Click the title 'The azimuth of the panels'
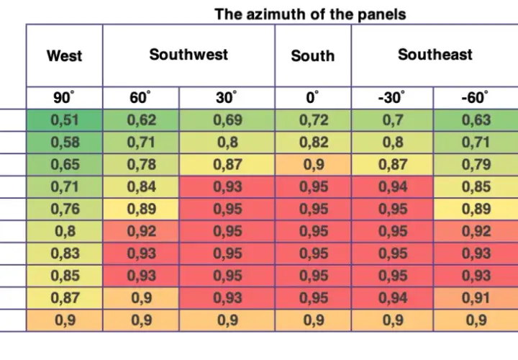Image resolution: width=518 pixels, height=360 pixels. click(x=310, y=14)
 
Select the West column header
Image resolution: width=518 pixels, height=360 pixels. click(x=65, y=55)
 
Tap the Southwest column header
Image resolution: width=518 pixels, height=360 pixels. click(x=188, y=55)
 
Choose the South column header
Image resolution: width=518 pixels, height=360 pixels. click(x=313, y=55)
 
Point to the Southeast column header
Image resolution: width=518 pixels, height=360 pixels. click(x=435, y=55)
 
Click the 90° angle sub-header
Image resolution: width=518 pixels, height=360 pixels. click(x=65, y=98)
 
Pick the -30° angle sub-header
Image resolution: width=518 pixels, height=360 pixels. click(x=392, y=98)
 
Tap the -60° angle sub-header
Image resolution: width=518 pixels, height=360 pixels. click(x=476, y=98)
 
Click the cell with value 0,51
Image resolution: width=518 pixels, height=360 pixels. click(x=65, y=120)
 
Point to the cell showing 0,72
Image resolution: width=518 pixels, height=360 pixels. click(x=313, y=120)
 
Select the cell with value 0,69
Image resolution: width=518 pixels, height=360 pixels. click(x=227, y=120)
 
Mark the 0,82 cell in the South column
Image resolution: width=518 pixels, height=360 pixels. click(x=313, y=143)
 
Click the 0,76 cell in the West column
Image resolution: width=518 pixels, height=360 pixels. click(x=65, y=210)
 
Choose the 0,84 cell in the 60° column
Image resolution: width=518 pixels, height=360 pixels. click(x=141, y=186)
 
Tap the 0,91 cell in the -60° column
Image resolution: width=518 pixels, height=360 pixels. click(x=476, y=298)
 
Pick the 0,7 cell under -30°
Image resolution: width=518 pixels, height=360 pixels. click(x=392, y=120)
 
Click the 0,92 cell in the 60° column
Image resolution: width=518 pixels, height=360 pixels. click(x=141, y=231)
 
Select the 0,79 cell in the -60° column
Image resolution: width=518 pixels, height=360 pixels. click(x=476, y=165)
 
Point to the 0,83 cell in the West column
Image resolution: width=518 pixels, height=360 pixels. click(x=65, y=253)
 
